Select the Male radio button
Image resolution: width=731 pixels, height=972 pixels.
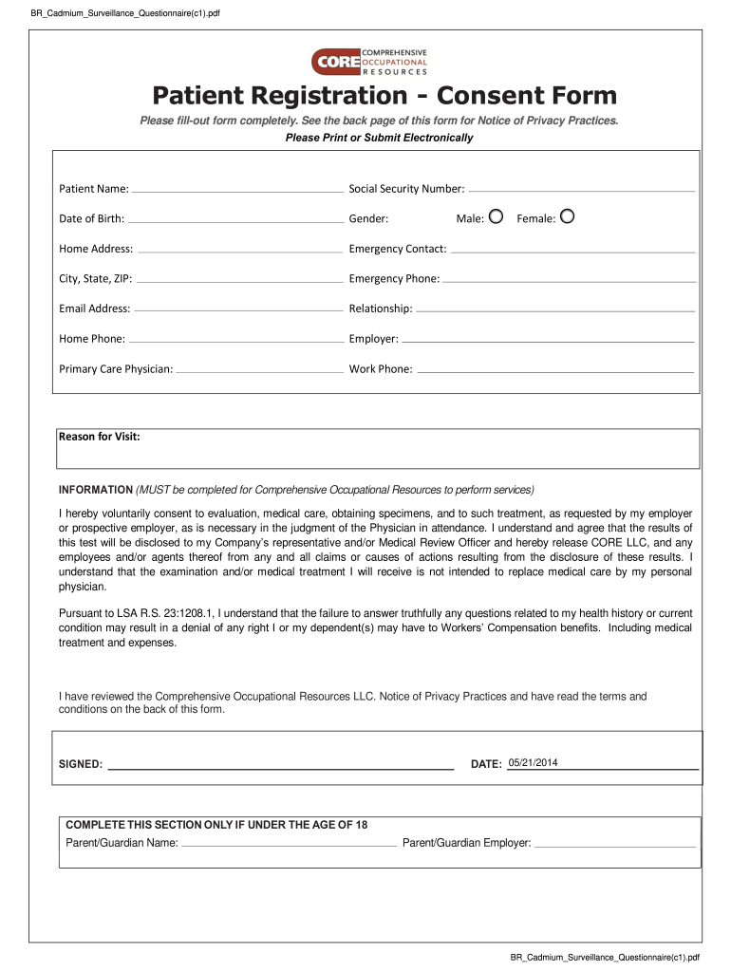click(495, 216)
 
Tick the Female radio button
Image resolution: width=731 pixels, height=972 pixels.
click(567, 216)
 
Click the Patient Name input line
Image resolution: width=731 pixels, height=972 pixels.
click(236, 190)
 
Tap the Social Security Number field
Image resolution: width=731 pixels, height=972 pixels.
click(581, 190)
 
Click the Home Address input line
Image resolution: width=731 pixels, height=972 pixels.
click(238, 250)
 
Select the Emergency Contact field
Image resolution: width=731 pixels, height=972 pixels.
click(572, 250)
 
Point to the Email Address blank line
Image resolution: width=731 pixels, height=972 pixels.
click(237, 309)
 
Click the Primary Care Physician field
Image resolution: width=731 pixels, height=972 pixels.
click(258, 369)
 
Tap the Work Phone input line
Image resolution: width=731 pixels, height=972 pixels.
click(554, 369)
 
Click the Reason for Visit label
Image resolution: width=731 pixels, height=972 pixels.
click(100, 437)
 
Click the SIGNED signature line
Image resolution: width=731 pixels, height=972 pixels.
click(280, 764)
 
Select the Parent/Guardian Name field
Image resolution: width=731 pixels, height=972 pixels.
click(289, 843)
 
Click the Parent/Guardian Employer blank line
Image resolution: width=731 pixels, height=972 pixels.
click(614, 843)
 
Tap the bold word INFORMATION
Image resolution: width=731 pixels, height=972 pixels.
click(96, 490)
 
